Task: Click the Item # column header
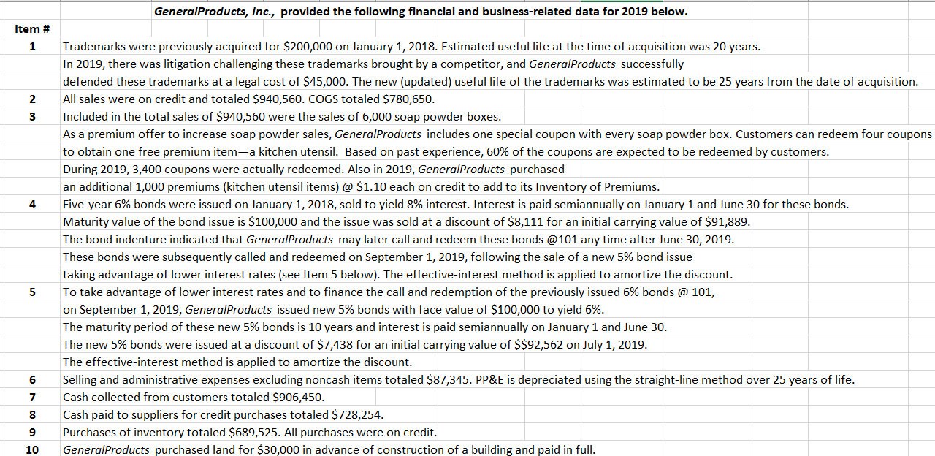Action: point(32,29)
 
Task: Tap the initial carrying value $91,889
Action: point(725,221)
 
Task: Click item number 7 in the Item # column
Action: point(32,398)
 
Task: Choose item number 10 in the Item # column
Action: point(32,450)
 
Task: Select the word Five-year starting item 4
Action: point(88,204)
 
